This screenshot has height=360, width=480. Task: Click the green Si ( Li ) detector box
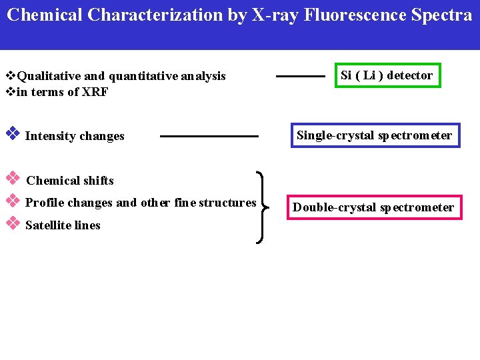tap(387, 75)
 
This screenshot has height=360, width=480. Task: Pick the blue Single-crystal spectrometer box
tap(374, 136)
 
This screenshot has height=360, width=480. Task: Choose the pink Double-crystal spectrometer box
tap(373, 207)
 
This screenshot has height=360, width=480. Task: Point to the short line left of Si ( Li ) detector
tap(300, 77)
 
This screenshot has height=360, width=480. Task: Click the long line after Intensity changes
tap(209, 136)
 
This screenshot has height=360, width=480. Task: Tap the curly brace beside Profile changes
tap(262, 207)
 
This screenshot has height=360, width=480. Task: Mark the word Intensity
tap(50, 136)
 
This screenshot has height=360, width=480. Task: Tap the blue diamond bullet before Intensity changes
tap(11, 133)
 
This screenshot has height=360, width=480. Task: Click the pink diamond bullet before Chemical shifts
tap(11, 178)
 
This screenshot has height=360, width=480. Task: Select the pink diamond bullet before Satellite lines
tap(11, 223)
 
